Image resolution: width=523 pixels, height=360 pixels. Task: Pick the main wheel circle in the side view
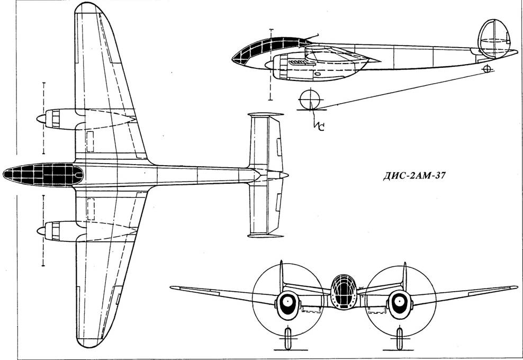pyautogui.click(x=310, y=100)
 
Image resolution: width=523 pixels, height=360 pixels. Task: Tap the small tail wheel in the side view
pyautogui.click(x=488, y=69)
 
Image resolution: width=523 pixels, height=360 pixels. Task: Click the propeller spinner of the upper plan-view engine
pyautogui.click(x=40, y=119)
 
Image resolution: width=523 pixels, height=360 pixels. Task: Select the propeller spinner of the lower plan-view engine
pyautogui.click(x=40, y=230)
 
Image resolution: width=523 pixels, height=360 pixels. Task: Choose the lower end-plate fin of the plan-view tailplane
pyautogui.click(x=265, y=235)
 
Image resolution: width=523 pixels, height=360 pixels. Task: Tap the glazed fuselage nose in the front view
pyautogui.click(x=342, y=291)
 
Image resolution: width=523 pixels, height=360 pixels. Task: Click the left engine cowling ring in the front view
pyautogui.click(x=287, y=302)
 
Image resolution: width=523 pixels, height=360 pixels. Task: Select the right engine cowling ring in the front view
pyautogui.click(x=400, y=302)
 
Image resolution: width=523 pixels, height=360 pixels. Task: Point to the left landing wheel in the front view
pyautogui.click(x=287, y=338)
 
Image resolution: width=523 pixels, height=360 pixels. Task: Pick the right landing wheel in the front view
pyautogui.click(x=400, y=338)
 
